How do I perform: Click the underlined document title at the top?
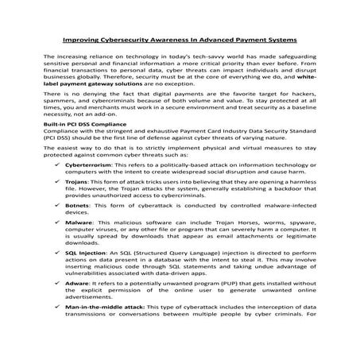[x=180, y=38]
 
